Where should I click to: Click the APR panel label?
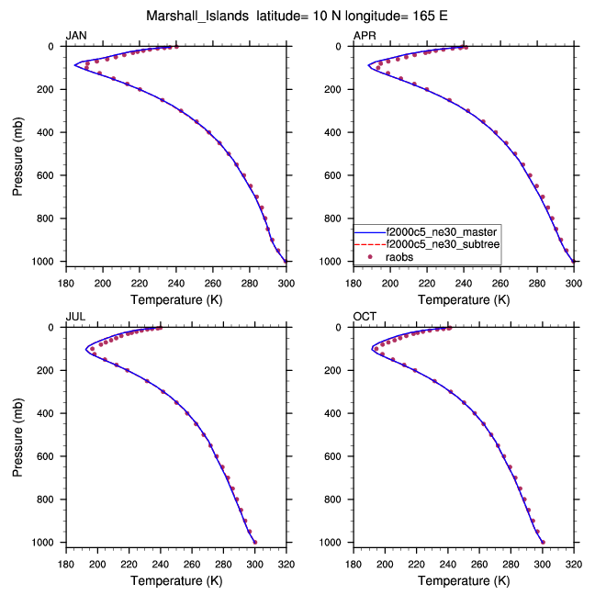point(364,36)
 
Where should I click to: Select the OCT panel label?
point(365,317)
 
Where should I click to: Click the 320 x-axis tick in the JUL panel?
point(286,564)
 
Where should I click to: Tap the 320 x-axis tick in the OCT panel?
point(574,564)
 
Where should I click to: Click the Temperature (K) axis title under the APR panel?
point(464,299)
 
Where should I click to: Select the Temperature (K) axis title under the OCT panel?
point(464,580)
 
